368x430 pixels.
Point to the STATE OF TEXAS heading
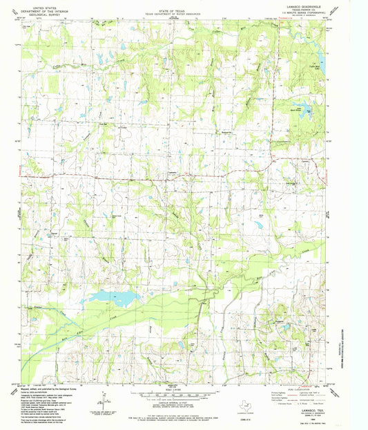pyautogui.click(x=173, y=4)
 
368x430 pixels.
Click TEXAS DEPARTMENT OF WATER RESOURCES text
pyautogui.click(x=173, y=8)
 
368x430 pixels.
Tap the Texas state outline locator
pyautogui.click(x=244, y=408)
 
